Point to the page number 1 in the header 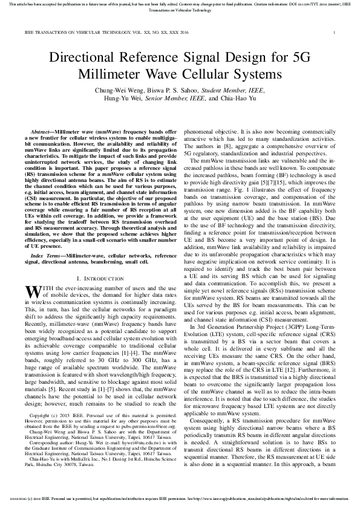pyautogui.click(x=334, y=31)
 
